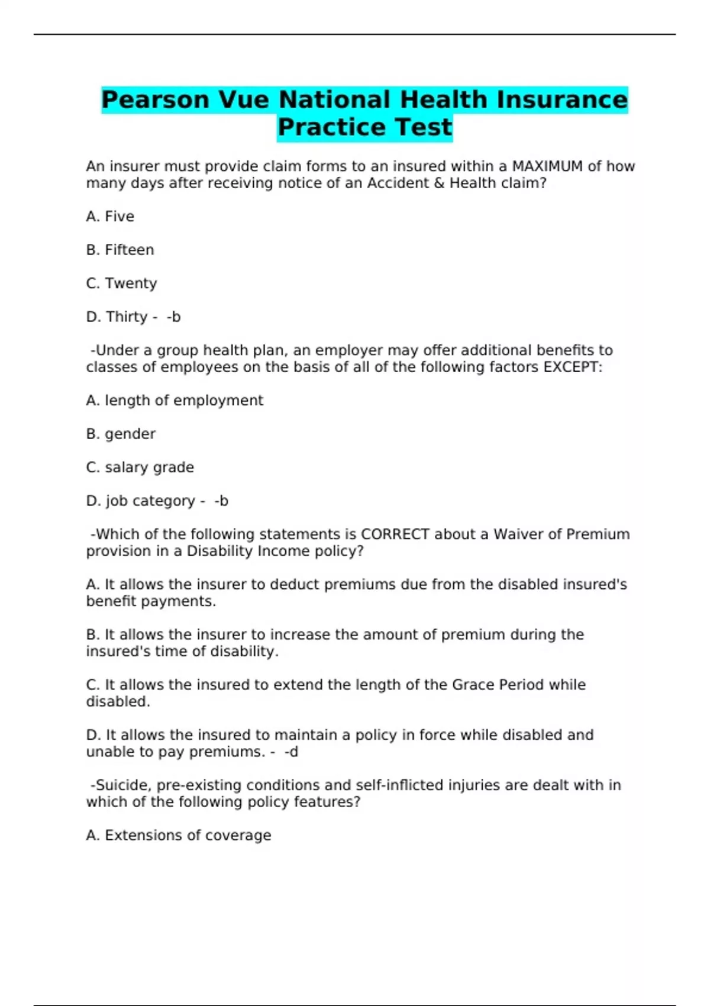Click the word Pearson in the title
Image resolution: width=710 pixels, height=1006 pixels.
coord(156,99)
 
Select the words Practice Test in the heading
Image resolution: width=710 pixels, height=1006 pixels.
coord(364,127)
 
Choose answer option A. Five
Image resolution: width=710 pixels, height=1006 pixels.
coord(110,217)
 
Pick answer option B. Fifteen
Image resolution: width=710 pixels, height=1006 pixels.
coord(120,250)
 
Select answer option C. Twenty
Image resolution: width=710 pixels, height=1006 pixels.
coord(121,283)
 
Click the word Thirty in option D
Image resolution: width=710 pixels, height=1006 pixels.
coord(127,317)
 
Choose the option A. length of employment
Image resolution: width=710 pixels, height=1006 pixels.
coord(175,401)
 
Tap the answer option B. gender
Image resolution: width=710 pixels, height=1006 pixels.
coord(121,434)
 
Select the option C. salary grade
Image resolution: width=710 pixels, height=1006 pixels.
coord(140,467)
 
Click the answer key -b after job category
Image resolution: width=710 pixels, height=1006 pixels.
coord(221,501)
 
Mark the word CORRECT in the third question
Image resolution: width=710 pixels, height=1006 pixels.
coord(395,534)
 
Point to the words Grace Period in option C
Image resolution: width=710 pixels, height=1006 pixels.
coord(498,685)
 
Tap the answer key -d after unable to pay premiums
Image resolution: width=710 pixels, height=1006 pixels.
coord(291,752)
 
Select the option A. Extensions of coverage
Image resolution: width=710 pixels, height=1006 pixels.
coord(179,835)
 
